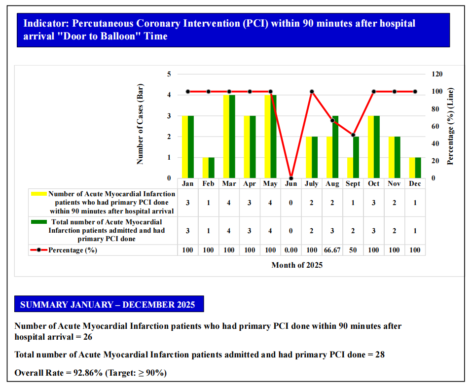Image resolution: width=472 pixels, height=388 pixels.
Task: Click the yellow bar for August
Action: point(329,157)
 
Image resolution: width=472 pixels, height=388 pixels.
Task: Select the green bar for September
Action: point(356,157)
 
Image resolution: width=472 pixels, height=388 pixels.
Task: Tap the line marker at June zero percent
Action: point(291,178)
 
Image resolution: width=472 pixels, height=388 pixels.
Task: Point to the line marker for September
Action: point(353,135)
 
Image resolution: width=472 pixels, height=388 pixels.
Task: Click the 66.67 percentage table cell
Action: point(332,250)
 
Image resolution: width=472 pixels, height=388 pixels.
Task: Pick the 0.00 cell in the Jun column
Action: point(291,250)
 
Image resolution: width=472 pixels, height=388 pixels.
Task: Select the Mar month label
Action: point(229,183)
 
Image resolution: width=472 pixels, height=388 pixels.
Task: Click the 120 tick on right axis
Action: point(437,74)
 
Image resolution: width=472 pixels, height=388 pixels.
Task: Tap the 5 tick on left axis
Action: point(169,74)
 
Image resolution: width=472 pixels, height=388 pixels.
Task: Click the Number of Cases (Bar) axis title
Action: point(140,126)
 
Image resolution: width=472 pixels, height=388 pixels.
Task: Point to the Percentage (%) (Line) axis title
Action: point(450,126)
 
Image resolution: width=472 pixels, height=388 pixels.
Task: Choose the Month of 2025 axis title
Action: point(297,265)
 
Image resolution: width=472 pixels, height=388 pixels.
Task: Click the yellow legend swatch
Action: point(38,194)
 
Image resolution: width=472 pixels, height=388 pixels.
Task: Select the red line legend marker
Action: point(38,250)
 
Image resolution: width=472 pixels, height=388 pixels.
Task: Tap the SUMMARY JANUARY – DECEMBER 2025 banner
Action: point(108,305)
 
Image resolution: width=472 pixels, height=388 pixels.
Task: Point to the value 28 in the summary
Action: point(379,354)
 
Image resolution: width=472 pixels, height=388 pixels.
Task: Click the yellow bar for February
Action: point(205,168)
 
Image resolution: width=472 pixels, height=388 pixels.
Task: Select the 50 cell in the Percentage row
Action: point(353,250)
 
